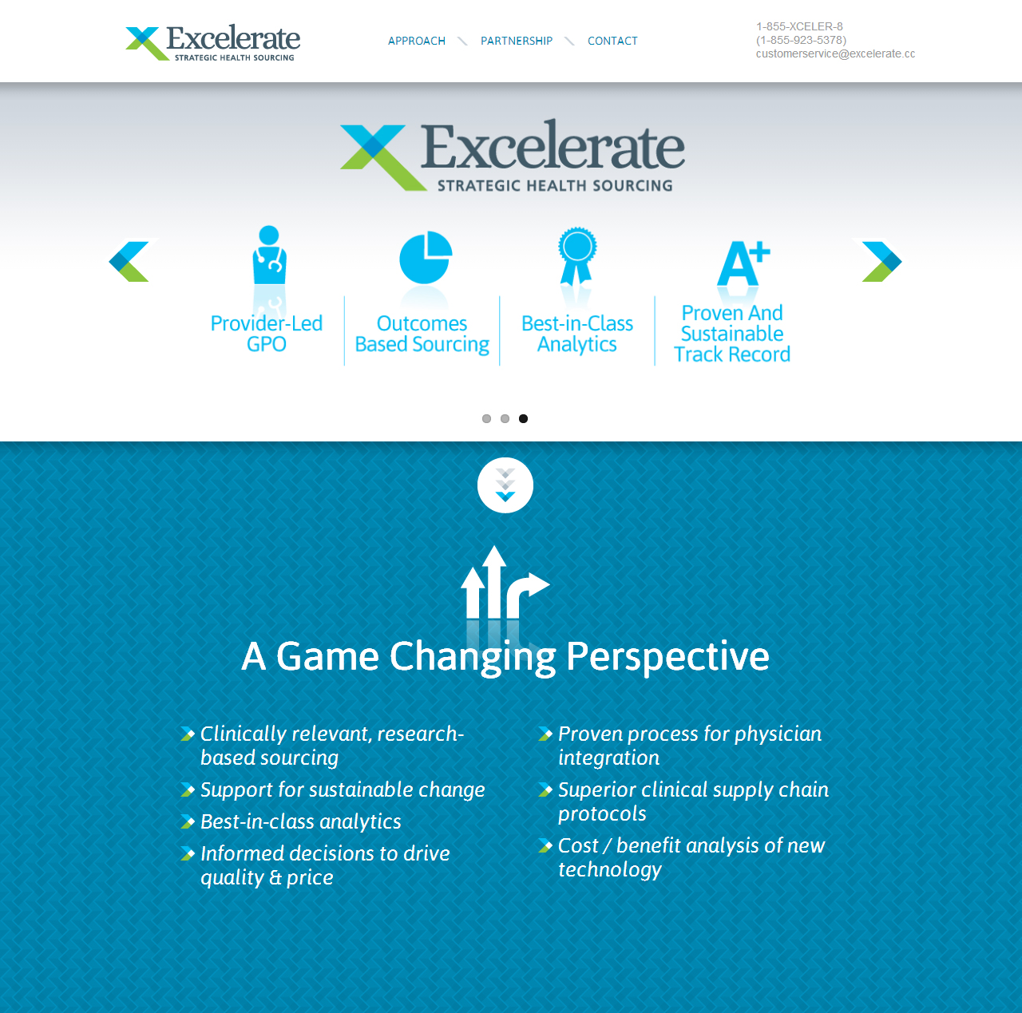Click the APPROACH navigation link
pos(416,41)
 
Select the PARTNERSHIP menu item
pos(516,41)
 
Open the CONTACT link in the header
pos(612,41)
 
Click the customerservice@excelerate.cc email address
pos(835,53)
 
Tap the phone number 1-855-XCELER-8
pos(799,26)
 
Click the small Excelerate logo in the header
pos(212,43)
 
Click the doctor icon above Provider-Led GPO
pos(269,255)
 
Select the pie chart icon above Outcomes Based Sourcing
pos(426,257)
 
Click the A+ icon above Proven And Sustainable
pos(743,263)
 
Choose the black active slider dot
pos(523,418)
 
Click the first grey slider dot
pos(486,418)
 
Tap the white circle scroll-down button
pos(505,485)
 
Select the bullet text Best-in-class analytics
pos(301,821)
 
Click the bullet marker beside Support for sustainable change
pos(188,789)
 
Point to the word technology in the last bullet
pos(610,870)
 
